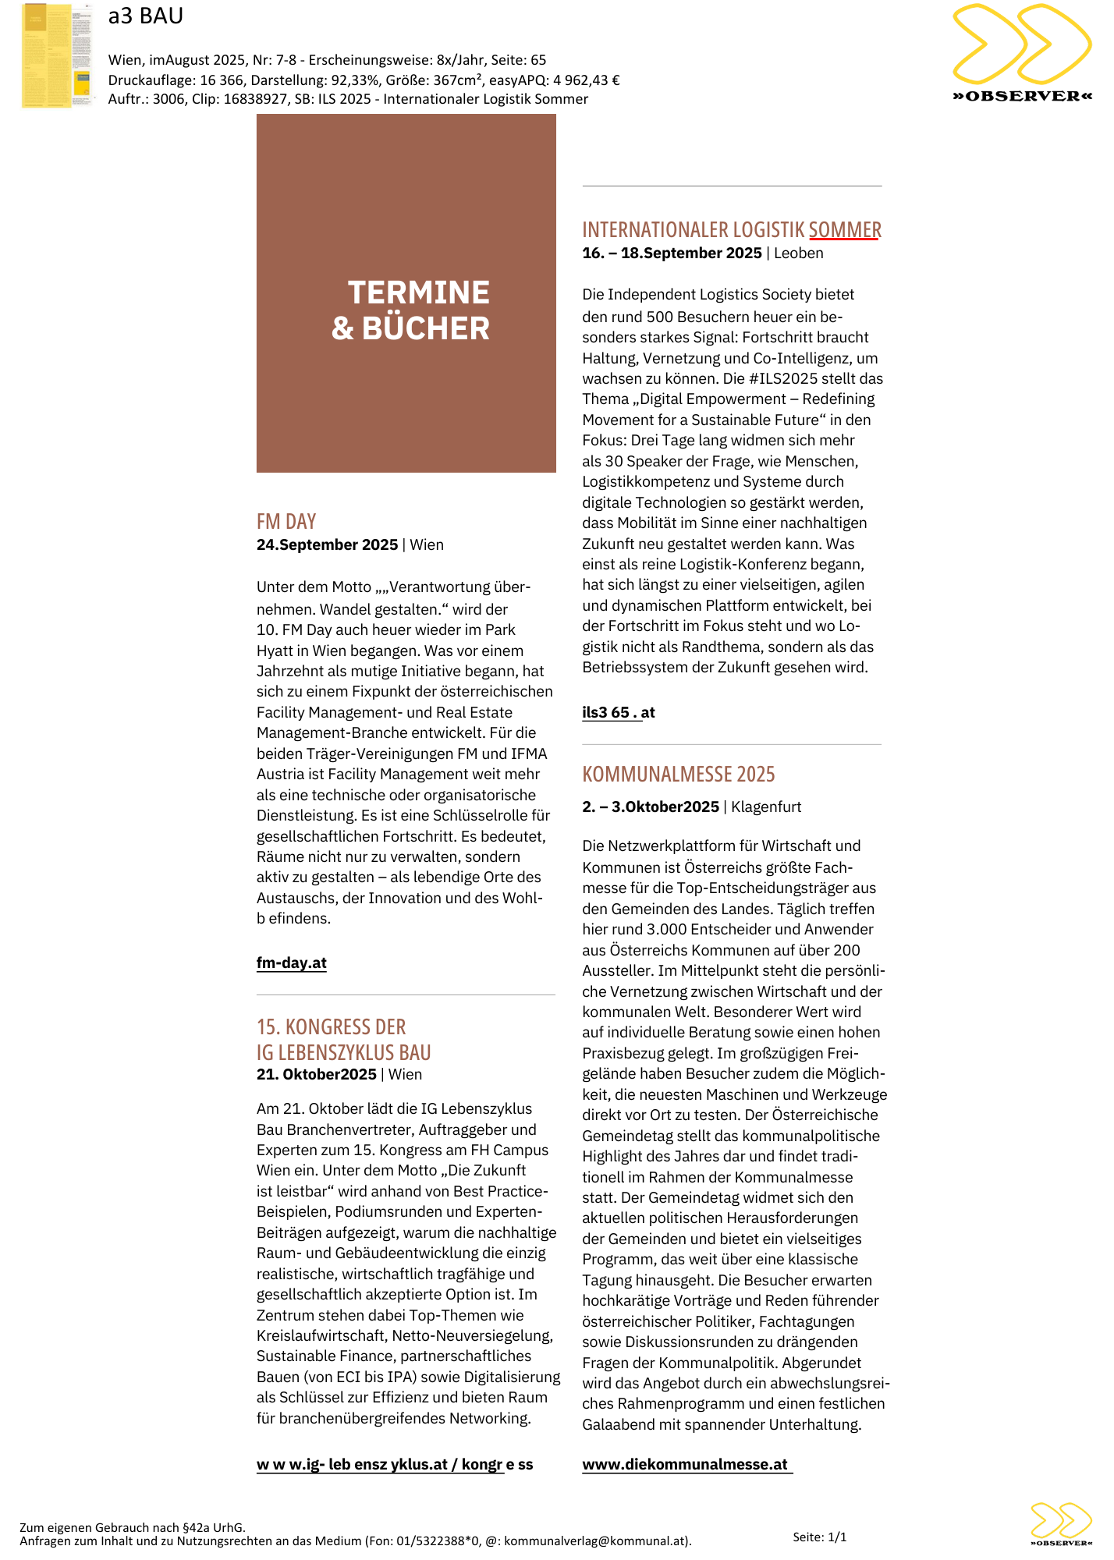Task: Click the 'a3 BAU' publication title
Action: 146,16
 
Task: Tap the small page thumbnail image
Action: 57,55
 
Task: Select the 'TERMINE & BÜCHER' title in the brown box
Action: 411,310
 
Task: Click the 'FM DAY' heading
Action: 286,521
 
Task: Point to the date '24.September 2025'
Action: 327,544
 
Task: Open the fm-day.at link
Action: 292,963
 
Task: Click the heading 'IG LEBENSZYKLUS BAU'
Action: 343,1052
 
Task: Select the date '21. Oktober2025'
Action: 316,1074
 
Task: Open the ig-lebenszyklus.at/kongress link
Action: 395,1464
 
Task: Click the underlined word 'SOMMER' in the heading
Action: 845,229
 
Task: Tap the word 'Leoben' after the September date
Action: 798,253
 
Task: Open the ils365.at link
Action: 618,712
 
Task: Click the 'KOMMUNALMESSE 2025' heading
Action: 679,774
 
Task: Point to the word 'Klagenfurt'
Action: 766,807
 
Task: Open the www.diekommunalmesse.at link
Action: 685,1464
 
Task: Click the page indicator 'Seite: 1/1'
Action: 819,1537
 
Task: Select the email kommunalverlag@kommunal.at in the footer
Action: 596,1540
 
